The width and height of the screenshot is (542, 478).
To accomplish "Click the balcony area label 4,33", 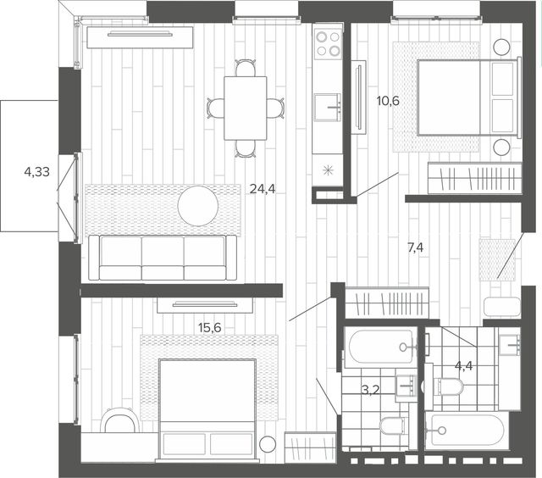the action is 37,171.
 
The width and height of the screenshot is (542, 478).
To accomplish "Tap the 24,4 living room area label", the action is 263,189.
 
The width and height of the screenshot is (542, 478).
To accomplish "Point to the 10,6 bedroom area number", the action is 388,101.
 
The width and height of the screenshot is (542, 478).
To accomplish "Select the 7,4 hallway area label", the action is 416,247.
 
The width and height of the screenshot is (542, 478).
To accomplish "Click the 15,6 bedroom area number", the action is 210,327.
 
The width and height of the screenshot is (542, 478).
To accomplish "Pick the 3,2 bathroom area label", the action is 370,390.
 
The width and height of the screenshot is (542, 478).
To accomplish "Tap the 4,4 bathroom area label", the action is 463,365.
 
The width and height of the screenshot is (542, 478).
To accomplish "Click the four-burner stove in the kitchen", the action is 328,43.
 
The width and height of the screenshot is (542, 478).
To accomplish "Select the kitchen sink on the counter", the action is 328,108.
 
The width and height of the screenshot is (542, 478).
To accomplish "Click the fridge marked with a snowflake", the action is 328,170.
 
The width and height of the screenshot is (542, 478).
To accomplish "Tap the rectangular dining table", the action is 246,108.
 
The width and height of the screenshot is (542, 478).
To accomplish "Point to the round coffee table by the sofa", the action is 198,206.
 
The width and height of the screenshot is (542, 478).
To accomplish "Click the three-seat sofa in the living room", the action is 163,258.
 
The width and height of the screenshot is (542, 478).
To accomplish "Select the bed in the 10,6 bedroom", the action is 469,97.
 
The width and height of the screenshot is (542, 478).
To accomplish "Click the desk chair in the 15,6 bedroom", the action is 120,420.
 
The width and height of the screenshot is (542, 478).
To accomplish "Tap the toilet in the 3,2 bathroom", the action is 392,426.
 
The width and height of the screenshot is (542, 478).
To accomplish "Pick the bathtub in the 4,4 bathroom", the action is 467,431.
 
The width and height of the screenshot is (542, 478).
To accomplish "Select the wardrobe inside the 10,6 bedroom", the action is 474,178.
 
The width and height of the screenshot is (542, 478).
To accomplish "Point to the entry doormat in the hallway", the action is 497,259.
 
